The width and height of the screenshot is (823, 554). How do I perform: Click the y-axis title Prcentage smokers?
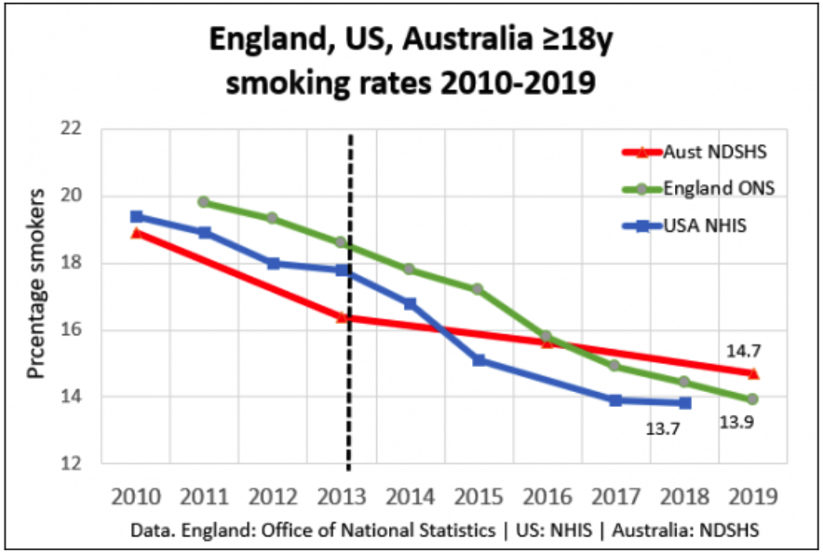tap(36, 285)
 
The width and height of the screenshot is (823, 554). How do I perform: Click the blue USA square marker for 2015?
tap(479, 359)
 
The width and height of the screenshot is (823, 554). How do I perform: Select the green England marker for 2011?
tap(203, 201)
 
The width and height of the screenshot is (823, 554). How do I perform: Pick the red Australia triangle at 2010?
tap(137, 233)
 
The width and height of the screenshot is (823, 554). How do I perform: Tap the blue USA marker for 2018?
tap(685, 403)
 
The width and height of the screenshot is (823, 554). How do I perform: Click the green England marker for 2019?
tap(752, 399)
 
